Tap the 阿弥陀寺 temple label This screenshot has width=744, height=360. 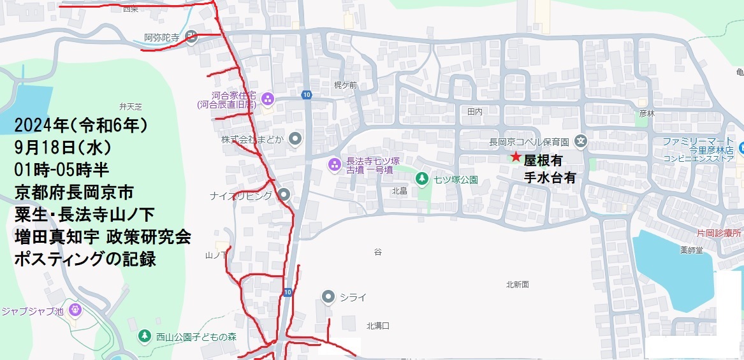[161, 38]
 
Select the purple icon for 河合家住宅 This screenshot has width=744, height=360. [268, 99]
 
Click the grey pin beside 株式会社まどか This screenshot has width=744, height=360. [295, 139]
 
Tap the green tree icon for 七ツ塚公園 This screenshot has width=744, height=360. [421, 179]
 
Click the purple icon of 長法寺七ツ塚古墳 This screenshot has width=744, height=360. [334, 166]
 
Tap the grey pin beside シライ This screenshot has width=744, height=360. [328, 296]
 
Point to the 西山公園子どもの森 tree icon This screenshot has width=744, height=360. [145, 336]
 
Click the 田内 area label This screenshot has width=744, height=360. [475, 111]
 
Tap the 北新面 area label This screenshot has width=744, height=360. [517, 284]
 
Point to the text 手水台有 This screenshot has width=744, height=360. [550, 178]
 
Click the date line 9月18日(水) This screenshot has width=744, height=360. [62, 148]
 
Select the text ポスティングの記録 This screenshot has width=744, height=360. [85, 259]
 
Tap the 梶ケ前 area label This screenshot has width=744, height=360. [346, 85]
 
